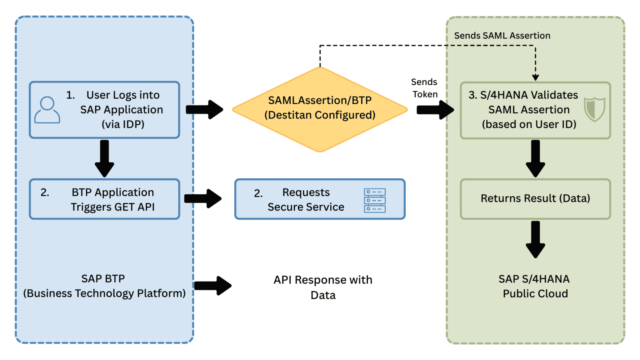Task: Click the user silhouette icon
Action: click(47, 110)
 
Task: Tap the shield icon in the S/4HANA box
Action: click(594, 109)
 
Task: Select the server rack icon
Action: click(375, 200)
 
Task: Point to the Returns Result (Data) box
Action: click(535, 199)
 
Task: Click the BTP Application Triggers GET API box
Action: click(104, 199)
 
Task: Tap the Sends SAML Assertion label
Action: click(502, 36)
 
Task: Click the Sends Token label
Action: click(425, 88)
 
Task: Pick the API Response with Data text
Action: click(323, 287)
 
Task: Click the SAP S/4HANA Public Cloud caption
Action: click(535, 286)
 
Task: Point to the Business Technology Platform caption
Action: click(104, 293)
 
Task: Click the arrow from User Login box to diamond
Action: click(204, 110)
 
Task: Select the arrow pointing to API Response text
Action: click(212, 286)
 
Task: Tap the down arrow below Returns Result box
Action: click(535, 239)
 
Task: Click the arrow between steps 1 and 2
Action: click(104, 158)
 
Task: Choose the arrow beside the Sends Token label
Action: click(435, 110)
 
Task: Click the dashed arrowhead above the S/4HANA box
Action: click(535, 77)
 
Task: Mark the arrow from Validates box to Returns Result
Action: click(535, 158)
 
